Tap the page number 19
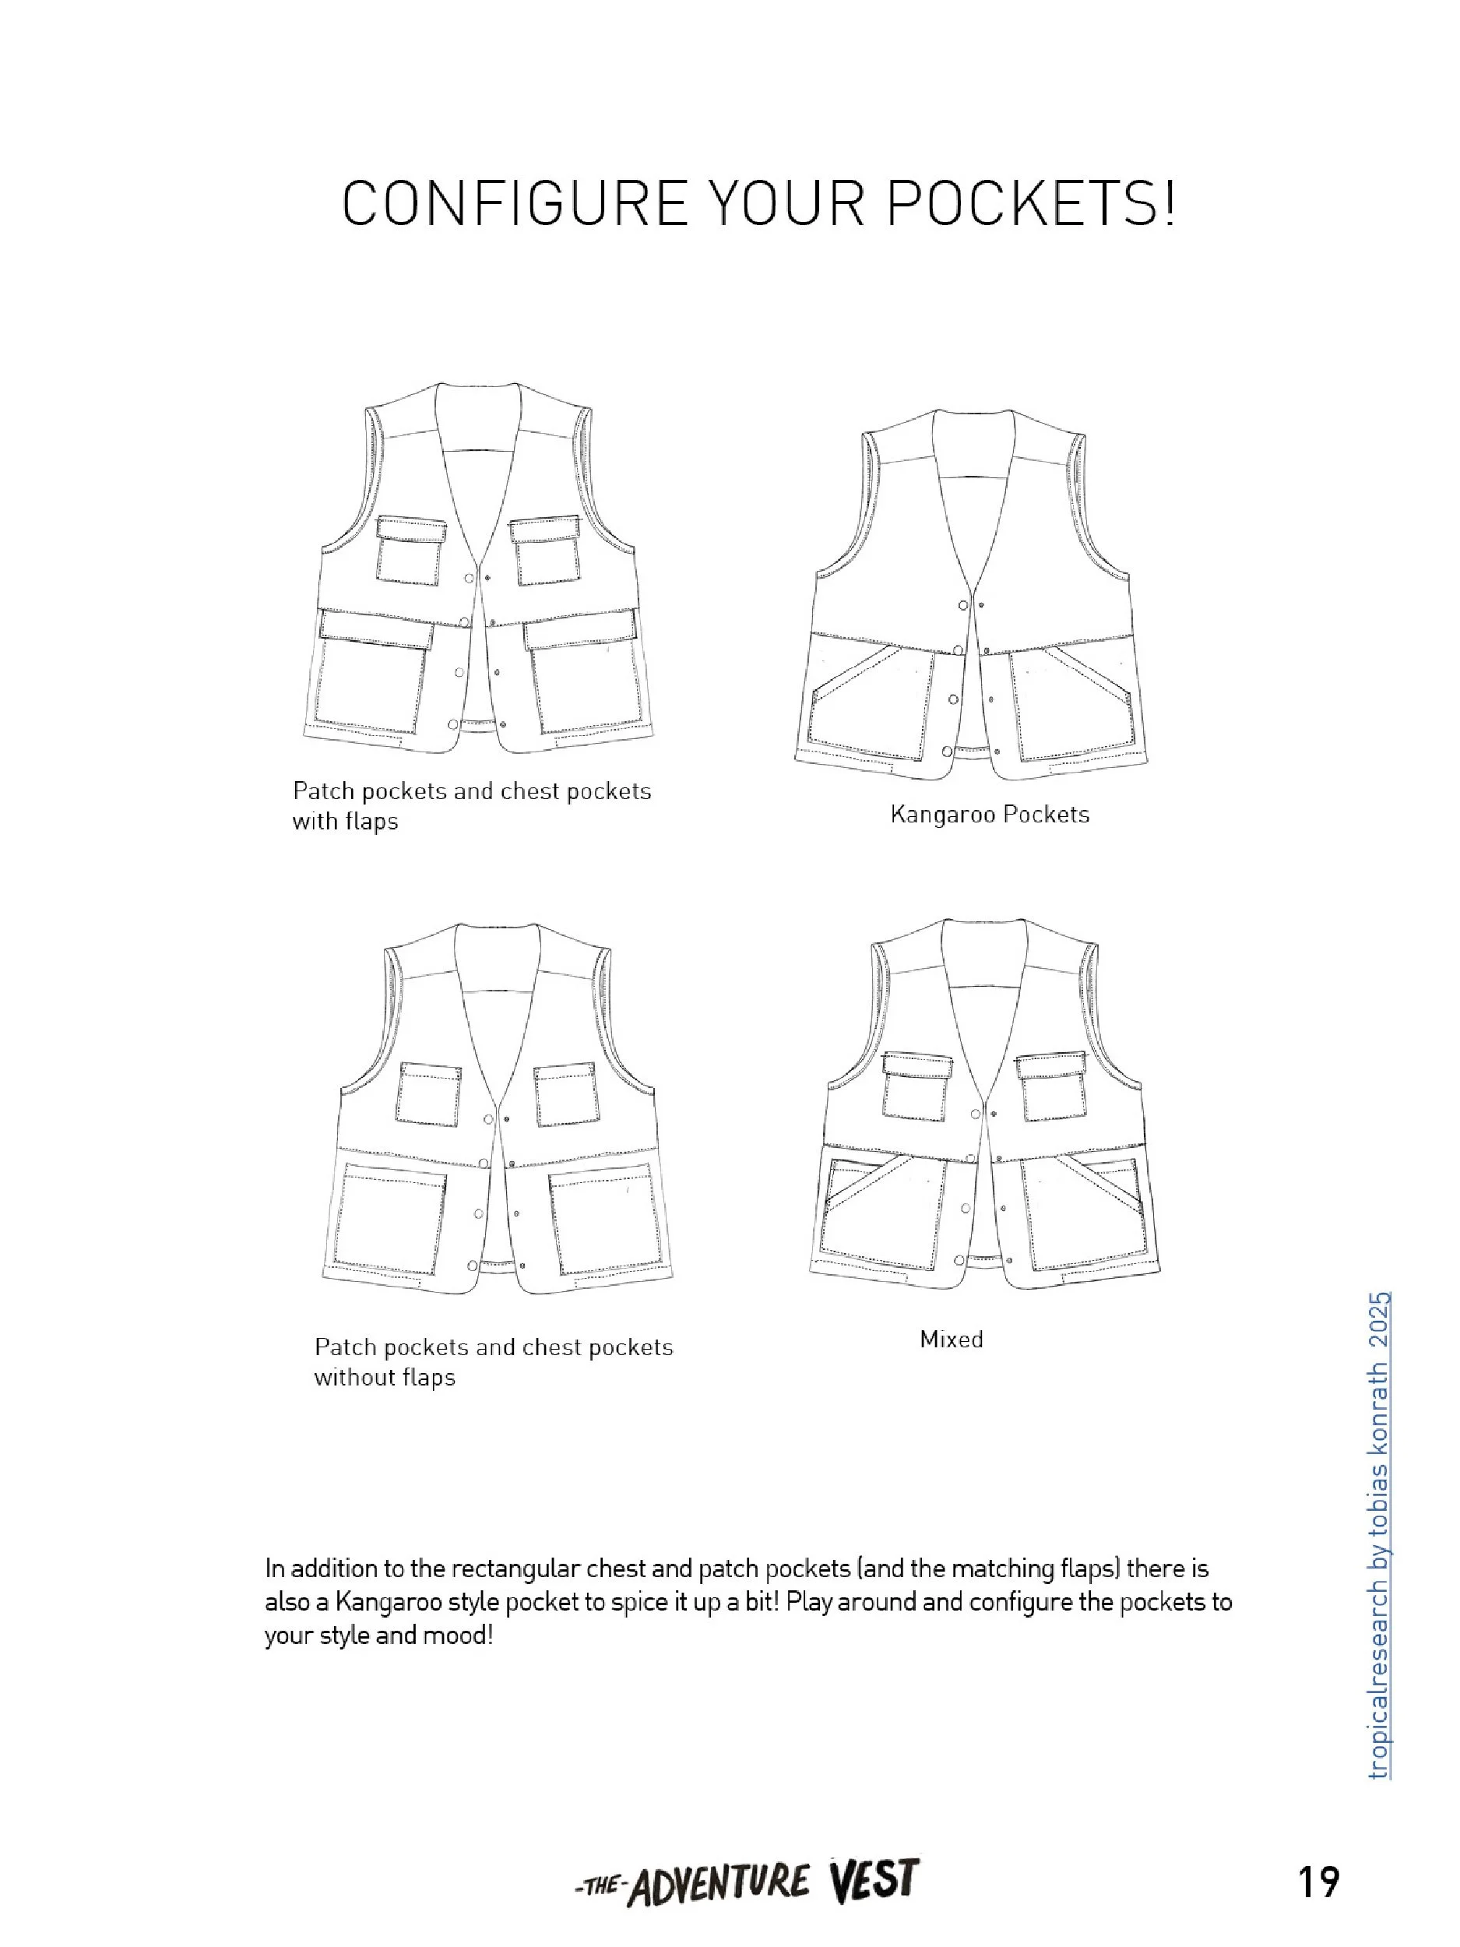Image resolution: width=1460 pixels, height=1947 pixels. click(1318, 1882)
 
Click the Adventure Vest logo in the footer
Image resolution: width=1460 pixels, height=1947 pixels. click(746, 1882)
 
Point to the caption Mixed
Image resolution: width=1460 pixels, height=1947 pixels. click(952, 1340)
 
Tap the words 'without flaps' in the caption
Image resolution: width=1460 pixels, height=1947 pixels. click(385, 1378)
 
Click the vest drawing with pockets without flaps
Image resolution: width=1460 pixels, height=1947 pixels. click(498, 1109)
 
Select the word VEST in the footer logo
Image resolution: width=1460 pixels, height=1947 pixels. click(873, 1881)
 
